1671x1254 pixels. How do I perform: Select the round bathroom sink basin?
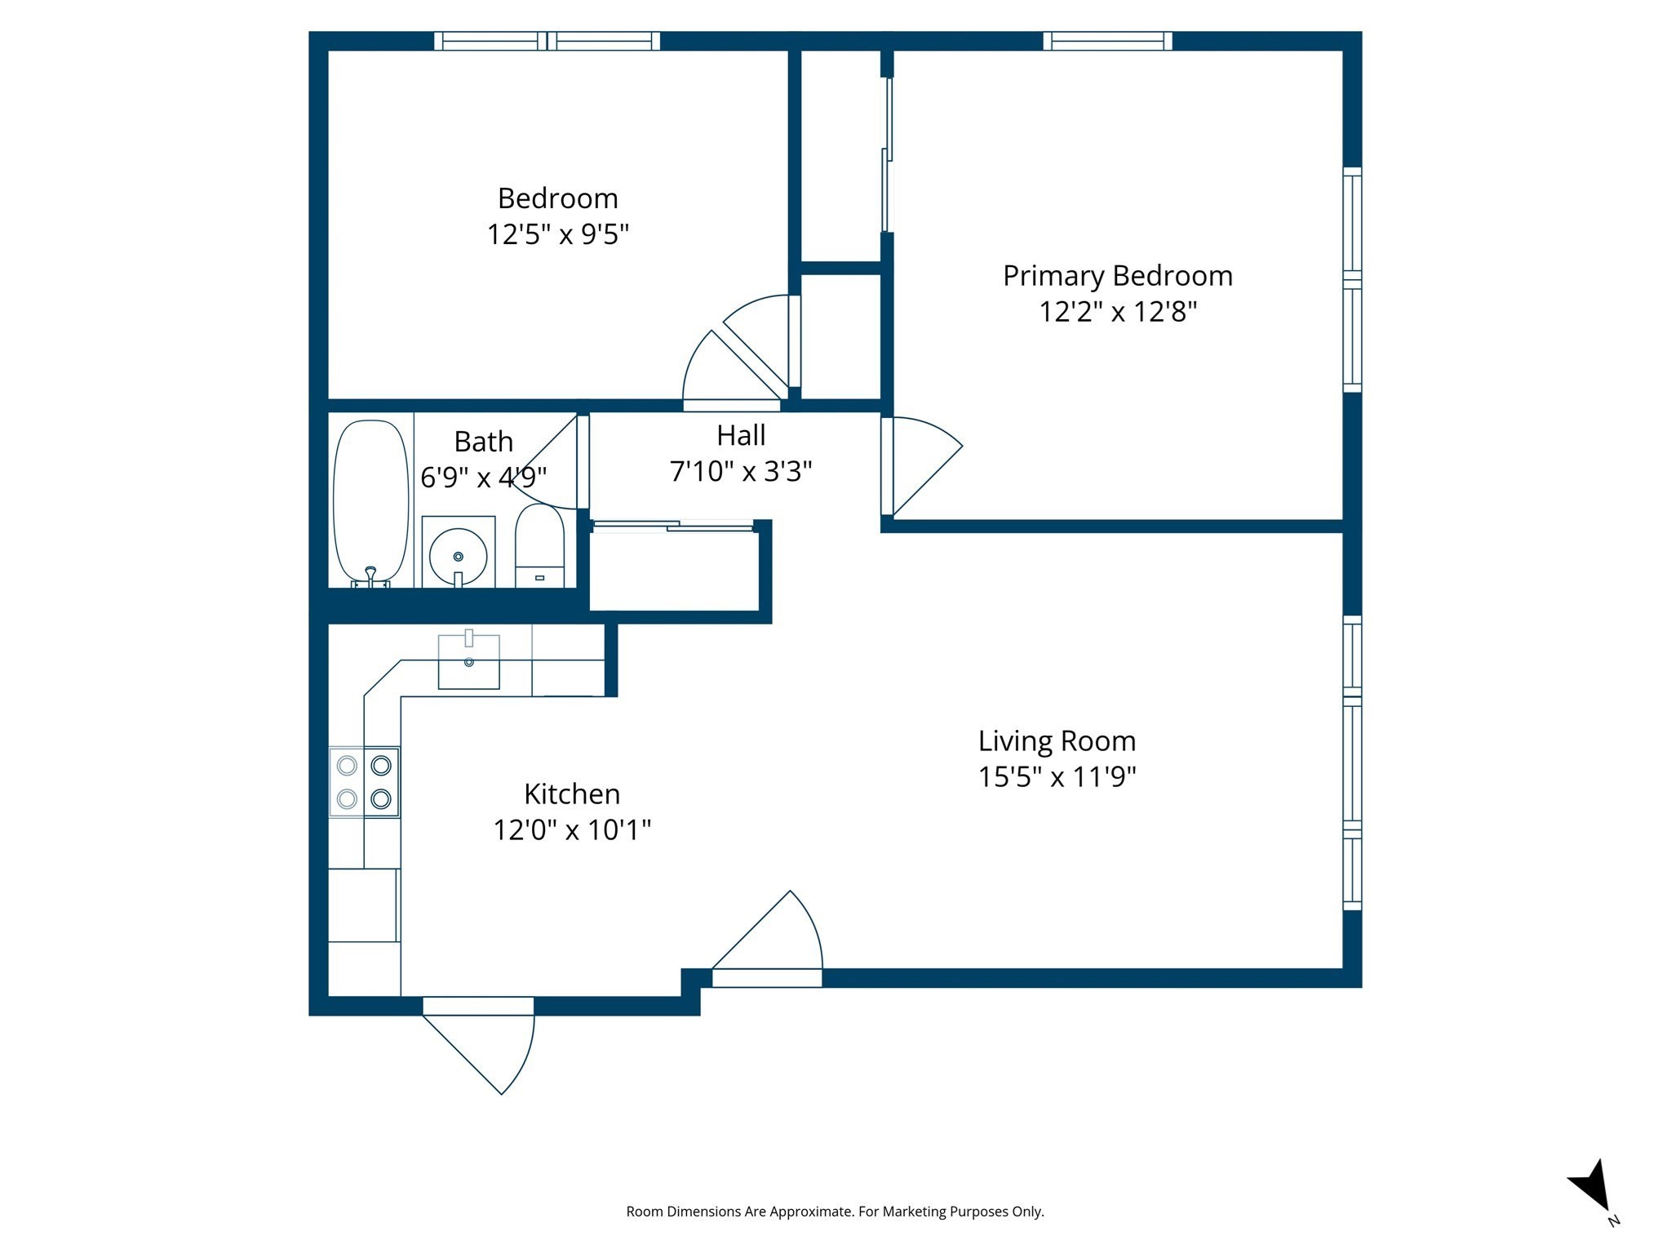[458, 555]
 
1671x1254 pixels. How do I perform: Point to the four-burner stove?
[364, 782]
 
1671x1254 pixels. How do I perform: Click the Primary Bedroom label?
[1117, 276]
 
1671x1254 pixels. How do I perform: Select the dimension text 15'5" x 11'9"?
[1057, 776]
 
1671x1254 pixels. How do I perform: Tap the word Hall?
[741, 436]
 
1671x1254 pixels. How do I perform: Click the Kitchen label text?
[571, 794]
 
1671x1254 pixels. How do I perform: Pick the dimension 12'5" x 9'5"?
[558, 235]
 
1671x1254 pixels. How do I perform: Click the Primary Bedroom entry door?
[922, 465]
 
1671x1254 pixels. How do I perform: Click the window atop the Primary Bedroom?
[1107, 41]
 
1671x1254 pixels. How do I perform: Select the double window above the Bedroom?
[547, 41]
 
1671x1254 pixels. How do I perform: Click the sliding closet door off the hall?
[672, 527]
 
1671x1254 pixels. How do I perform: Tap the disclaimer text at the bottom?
[835, 1212]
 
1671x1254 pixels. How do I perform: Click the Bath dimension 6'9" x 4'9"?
[483, 477]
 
